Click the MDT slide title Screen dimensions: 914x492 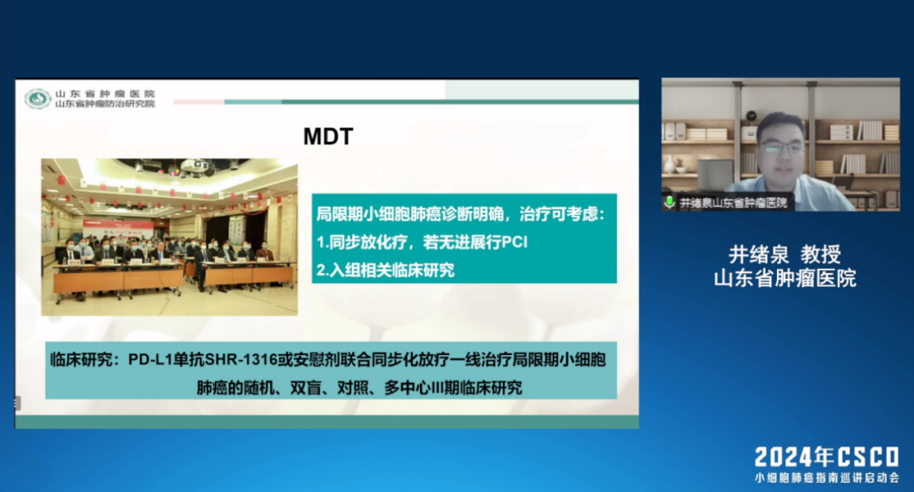[328, 136]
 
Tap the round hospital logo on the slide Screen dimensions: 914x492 [37, 98]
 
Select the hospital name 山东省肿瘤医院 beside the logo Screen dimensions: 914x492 [105, 93]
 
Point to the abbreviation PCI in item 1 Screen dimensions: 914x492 [515, 243]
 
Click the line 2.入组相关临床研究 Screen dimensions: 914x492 [385, 271]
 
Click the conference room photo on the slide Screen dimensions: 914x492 [169, 237]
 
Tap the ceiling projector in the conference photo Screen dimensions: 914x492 [195, 167]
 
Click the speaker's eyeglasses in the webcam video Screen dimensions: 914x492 [781, 147]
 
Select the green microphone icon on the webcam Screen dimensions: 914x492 [669, 202]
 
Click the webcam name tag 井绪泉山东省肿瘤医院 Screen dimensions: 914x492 [733, 203]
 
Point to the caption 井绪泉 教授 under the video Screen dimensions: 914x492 [785, 254]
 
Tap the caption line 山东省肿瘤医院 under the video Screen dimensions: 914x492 [785, 278]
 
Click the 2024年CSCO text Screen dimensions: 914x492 [827, 457]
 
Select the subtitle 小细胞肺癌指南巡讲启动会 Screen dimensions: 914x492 [827, 478]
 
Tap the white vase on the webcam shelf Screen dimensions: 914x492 [670, 165]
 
